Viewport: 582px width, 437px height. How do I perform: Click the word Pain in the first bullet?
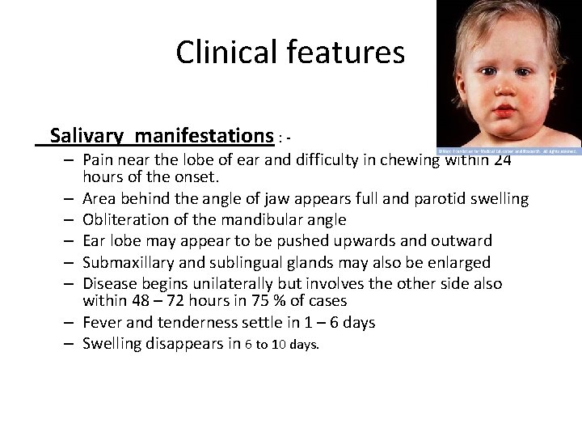[x=98, y=159]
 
